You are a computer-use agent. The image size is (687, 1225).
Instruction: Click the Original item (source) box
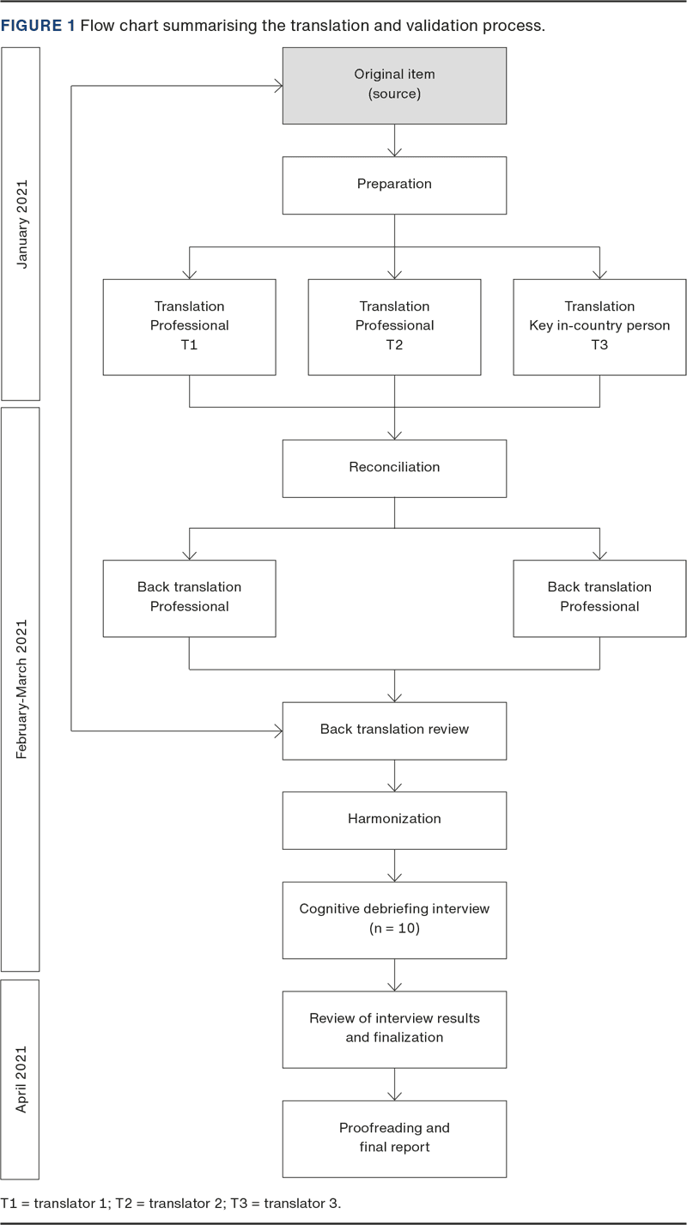point(394,85)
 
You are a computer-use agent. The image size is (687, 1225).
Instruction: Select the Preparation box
point(394,185)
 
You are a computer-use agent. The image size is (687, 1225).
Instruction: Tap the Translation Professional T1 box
point(189,326)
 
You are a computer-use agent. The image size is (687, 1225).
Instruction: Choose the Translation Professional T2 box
point(394,326)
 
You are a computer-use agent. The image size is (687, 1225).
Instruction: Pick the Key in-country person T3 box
point(599,326)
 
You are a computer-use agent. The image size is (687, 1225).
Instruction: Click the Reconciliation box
point(394,468)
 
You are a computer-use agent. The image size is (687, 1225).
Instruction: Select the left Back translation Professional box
point(189,597)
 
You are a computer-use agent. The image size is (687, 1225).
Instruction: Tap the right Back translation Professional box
point(599,597)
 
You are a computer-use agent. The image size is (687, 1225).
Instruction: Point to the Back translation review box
point(394,730)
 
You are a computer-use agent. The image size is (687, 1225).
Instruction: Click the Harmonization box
point(394,819)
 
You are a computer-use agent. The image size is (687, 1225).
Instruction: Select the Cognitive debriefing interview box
point(394,919)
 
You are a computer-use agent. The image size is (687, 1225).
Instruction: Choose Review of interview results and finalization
point(394,1028)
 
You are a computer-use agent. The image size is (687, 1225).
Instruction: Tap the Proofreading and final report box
point(394,1137)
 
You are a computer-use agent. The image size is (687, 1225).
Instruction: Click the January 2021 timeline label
point(21,223)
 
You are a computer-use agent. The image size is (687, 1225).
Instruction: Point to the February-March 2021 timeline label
point(21,688)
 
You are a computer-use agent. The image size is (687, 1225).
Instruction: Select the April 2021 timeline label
point(21,1079)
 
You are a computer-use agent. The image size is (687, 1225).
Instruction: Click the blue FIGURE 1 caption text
point(38,26)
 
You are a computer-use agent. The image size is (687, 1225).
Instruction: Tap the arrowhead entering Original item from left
point(277,85)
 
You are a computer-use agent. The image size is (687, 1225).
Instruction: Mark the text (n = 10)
point(394,929)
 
